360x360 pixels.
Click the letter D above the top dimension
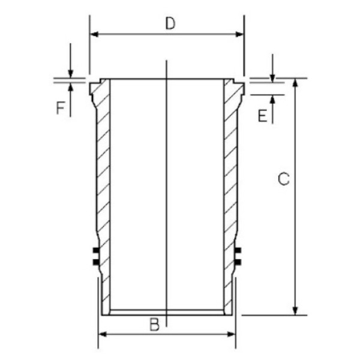pyautogui.click(x=170, y=23)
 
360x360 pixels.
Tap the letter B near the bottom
pyautogui.click(x=155, y=325)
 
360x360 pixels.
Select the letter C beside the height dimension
pyautogui.click(x=284, y=179)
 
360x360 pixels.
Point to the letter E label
pyautogui.click(x=263, y=115)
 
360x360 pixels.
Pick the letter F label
pyautogui.click(x=61, y=108)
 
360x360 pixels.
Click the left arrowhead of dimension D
pyautogui.click(x=94, y=34)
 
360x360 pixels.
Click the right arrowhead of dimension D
pyautogui.click(x=239, y=34)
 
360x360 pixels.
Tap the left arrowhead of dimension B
pyautogui.click(x=103, y=334)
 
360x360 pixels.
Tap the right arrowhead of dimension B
pyautogui.click(x=231, y=334)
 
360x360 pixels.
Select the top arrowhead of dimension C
pyautogui.click(x=295, y=83)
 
